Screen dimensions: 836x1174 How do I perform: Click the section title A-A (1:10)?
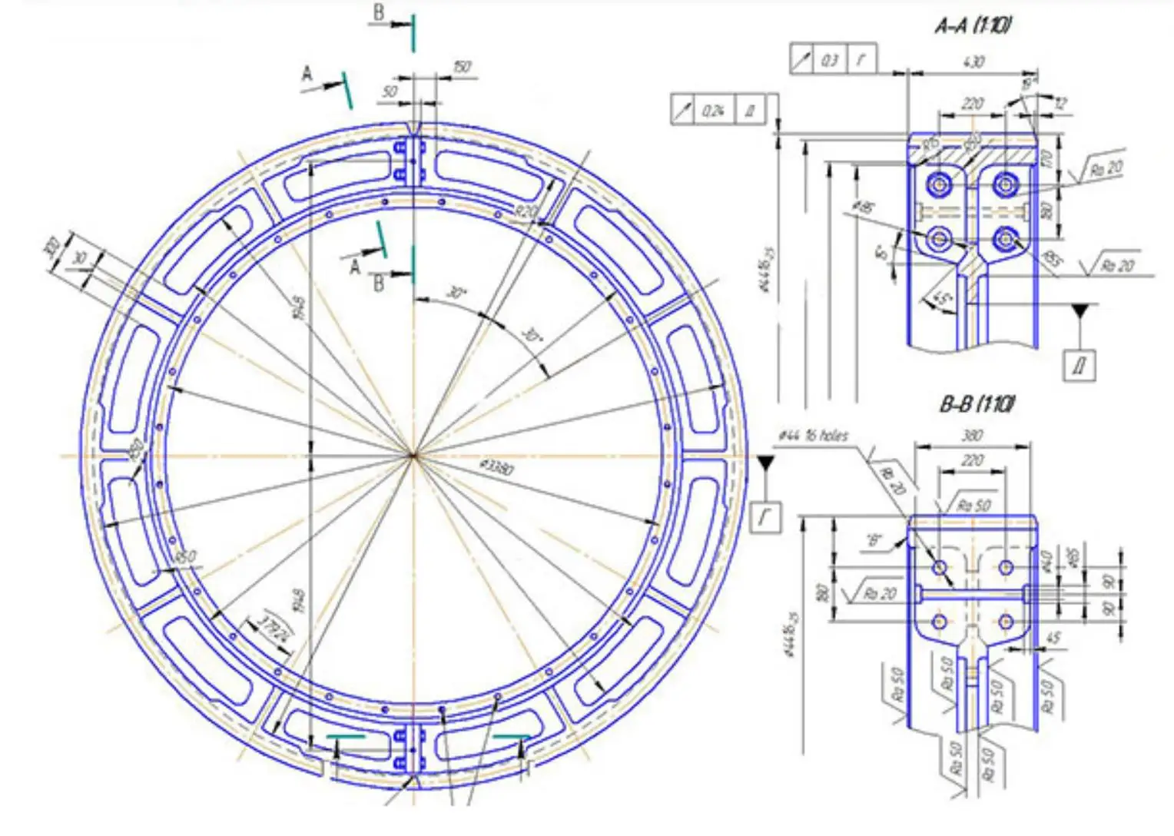click(x=972, y=25)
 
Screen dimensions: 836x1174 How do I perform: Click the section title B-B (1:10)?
click(x=977, y=404)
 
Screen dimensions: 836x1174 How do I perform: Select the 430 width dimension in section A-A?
click(x=972, y=61)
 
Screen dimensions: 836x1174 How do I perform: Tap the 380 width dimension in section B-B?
click(x=972, y=436)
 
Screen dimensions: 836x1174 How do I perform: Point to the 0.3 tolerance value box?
click(x=830, y=60)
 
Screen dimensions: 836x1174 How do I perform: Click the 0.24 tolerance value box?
click(x=713, y=111)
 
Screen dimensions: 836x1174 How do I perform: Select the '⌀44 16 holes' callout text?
click(x=814, y=436)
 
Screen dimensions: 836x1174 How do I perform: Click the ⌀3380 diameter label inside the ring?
click(x=496, y=466)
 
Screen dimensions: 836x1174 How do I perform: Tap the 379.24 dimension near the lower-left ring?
click(x=274, y=628)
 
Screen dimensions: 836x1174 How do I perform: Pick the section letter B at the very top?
click(x=378, y=13)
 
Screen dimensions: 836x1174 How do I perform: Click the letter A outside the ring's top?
click(x=307, y=75)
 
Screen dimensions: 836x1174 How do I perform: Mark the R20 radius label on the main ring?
click(x=526, y=211)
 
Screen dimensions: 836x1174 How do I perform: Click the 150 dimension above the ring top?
click(x=461, y=67)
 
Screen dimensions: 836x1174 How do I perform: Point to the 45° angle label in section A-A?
click(x=940, y=298)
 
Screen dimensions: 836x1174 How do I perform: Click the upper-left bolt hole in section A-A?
click(x=938, y=184)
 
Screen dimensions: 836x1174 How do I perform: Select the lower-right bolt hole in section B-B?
click(x=1006, y=621)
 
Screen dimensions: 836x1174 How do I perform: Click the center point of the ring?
click(x=413, y=456)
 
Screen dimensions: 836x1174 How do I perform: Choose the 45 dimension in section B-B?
click(x=1053, y=638)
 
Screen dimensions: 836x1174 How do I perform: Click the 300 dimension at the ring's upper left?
click(x=51, y=248)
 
